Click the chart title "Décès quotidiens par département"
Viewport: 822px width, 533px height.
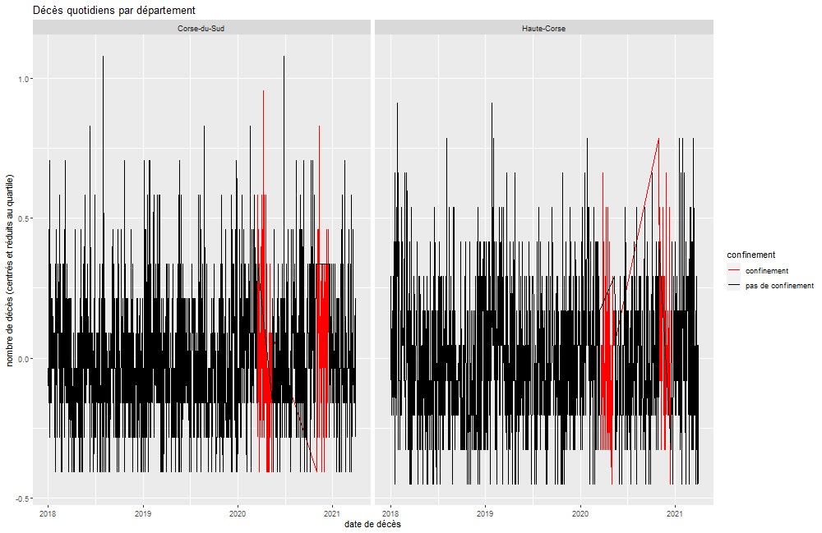pos(114,10)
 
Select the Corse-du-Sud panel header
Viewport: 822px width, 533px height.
pos(201,28)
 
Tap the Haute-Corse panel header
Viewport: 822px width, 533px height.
pos(543,28)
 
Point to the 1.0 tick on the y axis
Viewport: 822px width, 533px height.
pos(22,79)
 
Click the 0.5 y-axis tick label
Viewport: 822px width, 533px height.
pos(22,218)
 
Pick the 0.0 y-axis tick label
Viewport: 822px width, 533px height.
pos(22,359)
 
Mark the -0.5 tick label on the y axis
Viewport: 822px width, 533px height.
pos(21,499)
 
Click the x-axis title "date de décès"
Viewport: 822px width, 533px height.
pos(373,523)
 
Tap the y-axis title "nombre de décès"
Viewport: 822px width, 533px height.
pos(11,271)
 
